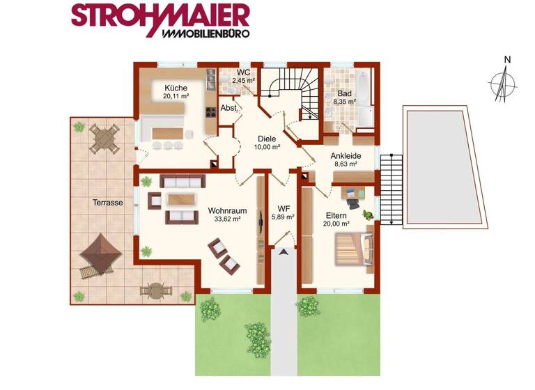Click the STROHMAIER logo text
[160, 15]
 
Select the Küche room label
[176, 88]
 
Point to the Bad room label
[345, 93]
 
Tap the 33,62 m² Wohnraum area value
[224, 219]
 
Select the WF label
[284, 208]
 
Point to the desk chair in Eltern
[354, 203]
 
